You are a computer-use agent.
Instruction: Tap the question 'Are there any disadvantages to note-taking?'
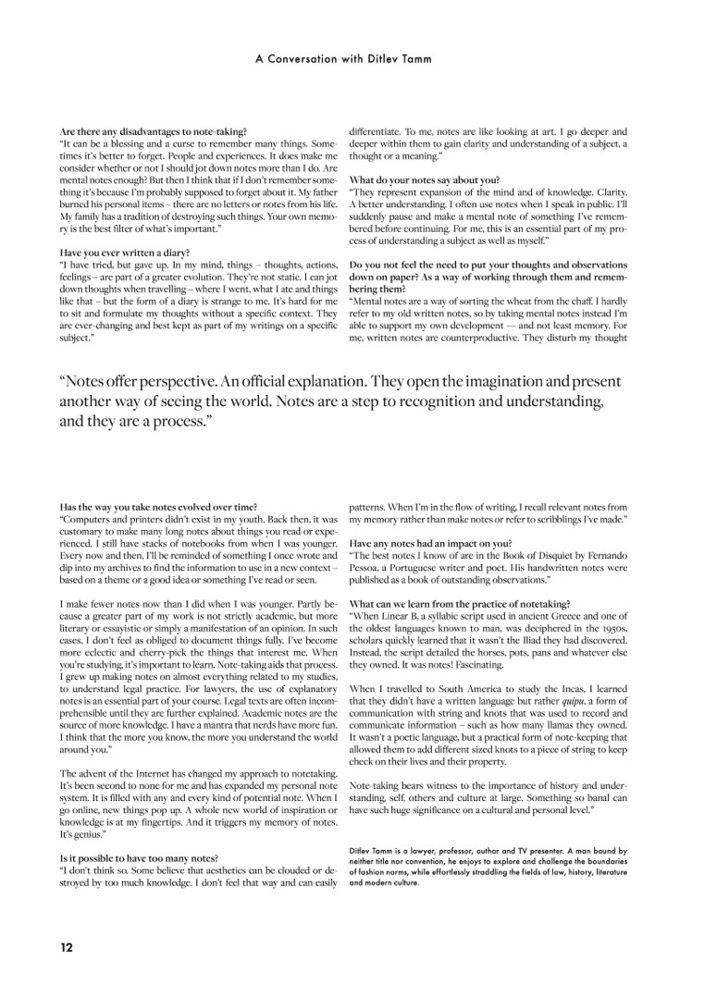tap(153, 132)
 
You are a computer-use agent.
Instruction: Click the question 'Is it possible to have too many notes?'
tap(138, 857)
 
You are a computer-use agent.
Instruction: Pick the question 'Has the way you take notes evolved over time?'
tap(157, 508)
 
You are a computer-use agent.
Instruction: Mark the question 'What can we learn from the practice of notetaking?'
tap(459, 603)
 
